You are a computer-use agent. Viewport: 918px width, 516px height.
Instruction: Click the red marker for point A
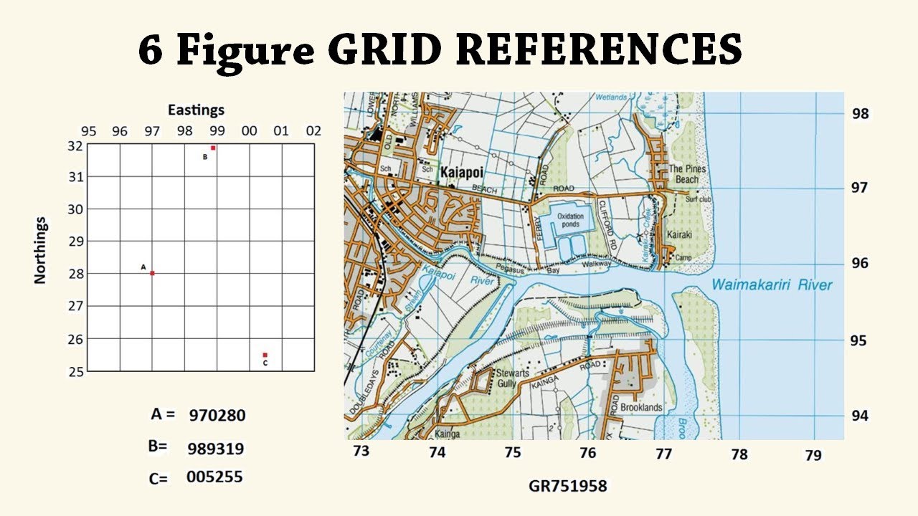coord(152,273)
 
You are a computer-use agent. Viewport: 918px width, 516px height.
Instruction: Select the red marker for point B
coord(213,148)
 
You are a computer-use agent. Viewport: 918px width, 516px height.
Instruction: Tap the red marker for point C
coord(265,355)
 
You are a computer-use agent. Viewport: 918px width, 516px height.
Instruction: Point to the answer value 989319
coord(215,449)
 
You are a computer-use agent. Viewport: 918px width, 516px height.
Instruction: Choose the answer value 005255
coord(214,477)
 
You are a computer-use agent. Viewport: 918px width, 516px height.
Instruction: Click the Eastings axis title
coord(196,110)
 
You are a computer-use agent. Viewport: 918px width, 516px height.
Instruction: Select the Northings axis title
coord(40,250)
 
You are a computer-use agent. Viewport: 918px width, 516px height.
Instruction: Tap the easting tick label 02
coord(313,132)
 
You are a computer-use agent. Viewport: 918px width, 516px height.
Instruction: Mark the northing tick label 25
coord(75,371)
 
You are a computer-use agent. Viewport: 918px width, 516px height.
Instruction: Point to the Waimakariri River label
coord(772,285)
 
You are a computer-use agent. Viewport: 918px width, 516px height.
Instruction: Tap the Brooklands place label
coord(641,407)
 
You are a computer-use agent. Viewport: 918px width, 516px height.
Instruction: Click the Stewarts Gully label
coord(512,378)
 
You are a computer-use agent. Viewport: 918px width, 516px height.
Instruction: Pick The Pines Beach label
coord(687,174)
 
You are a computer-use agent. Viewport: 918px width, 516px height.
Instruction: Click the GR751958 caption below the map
coord(567,486)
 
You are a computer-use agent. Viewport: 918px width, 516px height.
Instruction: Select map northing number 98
coord(859,113)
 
